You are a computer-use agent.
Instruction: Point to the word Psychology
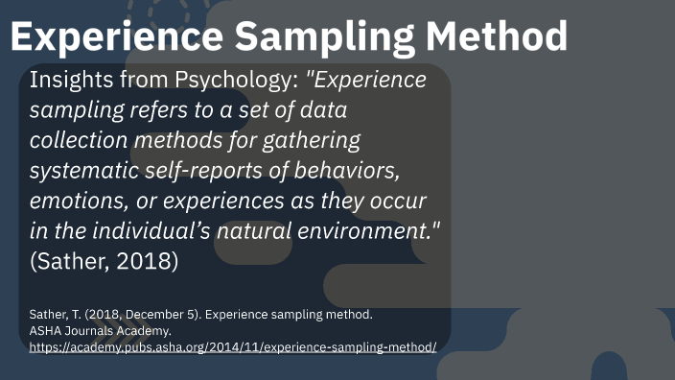click(x=244, y=80)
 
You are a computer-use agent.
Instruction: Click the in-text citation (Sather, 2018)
click(x=104, y=262)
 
